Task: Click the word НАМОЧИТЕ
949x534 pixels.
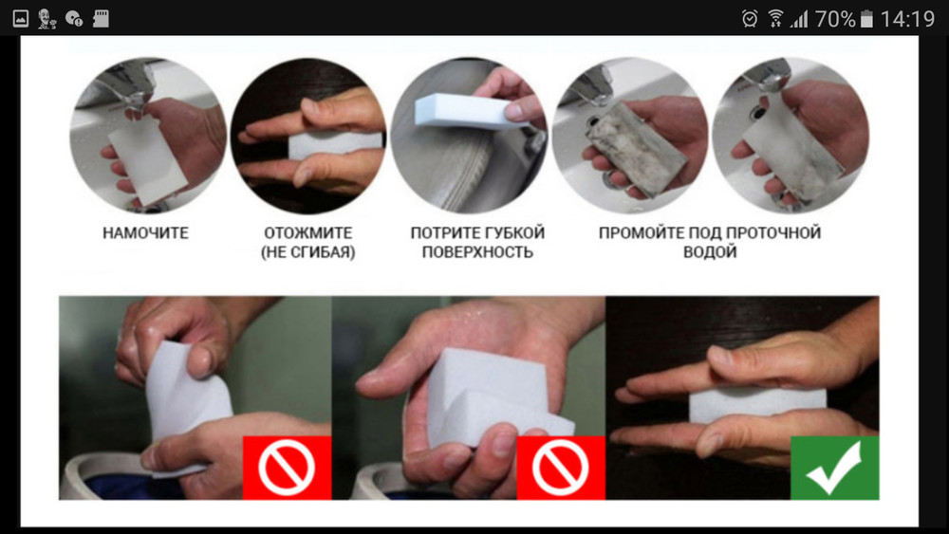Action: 145,232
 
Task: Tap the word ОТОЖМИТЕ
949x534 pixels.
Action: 308,232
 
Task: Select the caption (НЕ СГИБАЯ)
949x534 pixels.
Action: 308,252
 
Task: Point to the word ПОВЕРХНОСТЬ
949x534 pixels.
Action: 477,252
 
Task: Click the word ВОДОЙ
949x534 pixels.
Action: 710,252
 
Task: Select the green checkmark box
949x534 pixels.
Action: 834,468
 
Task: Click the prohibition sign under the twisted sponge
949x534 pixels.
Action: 287,468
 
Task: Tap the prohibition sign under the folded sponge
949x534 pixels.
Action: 561,468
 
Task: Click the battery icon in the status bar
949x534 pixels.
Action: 866,19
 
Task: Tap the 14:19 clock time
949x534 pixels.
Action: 907,19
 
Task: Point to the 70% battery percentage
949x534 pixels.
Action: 835,19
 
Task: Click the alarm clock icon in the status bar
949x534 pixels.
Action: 750,19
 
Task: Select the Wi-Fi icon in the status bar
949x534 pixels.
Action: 775,19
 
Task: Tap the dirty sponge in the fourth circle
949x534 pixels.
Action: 637,148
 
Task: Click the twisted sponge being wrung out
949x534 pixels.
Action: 186,399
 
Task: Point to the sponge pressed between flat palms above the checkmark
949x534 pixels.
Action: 757,405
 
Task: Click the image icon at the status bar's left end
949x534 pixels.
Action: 21,19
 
